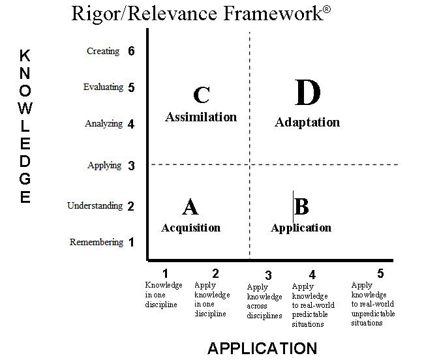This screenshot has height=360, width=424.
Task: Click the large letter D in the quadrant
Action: click(307, 92)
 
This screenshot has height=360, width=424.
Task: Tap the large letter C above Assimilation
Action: click(202, 95)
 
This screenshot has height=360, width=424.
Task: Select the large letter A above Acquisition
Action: click(190, 207)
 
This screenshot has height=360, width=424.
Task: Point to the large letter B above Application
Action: click(301, 206)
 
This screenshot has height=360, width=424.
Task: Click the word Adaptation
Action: click(307, 123)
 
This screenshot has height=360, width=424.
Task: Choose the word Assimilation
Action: click(201, 117)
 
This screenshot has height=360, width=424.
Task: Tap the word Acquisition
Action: click(191, 228)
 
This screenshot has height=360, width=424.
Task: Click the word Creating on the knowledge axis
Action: click(103, 51)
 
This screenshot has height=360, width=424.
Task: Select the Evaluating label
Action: click(103, 87)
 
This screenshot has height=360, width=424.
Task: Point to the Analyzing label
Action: click(104, 123)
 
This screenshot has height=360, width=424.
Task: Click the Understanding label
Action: click(95, 205)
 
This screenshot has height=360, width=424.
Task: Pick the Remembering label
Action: click(97, 242)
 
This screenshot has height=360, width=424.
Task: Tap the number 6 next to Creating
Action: click(131, 51)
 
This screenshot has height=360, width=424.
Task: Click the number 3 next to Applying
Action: click(131, 166)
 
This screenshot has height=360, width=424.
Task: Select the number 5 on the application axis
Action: click(380, 273)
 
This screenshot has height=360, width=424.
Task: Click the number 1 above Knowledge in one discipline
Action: click(166, 273)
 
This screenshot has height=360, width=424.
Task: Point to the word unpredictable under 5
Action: click(373, 314)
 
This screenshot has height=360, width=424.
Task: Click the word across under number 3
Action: click(257, 307)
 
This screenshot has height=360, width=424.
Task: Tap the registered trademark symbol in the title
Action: click(327, 10)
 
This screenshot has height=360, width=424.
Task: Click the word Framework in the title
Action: click(273, 14)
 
